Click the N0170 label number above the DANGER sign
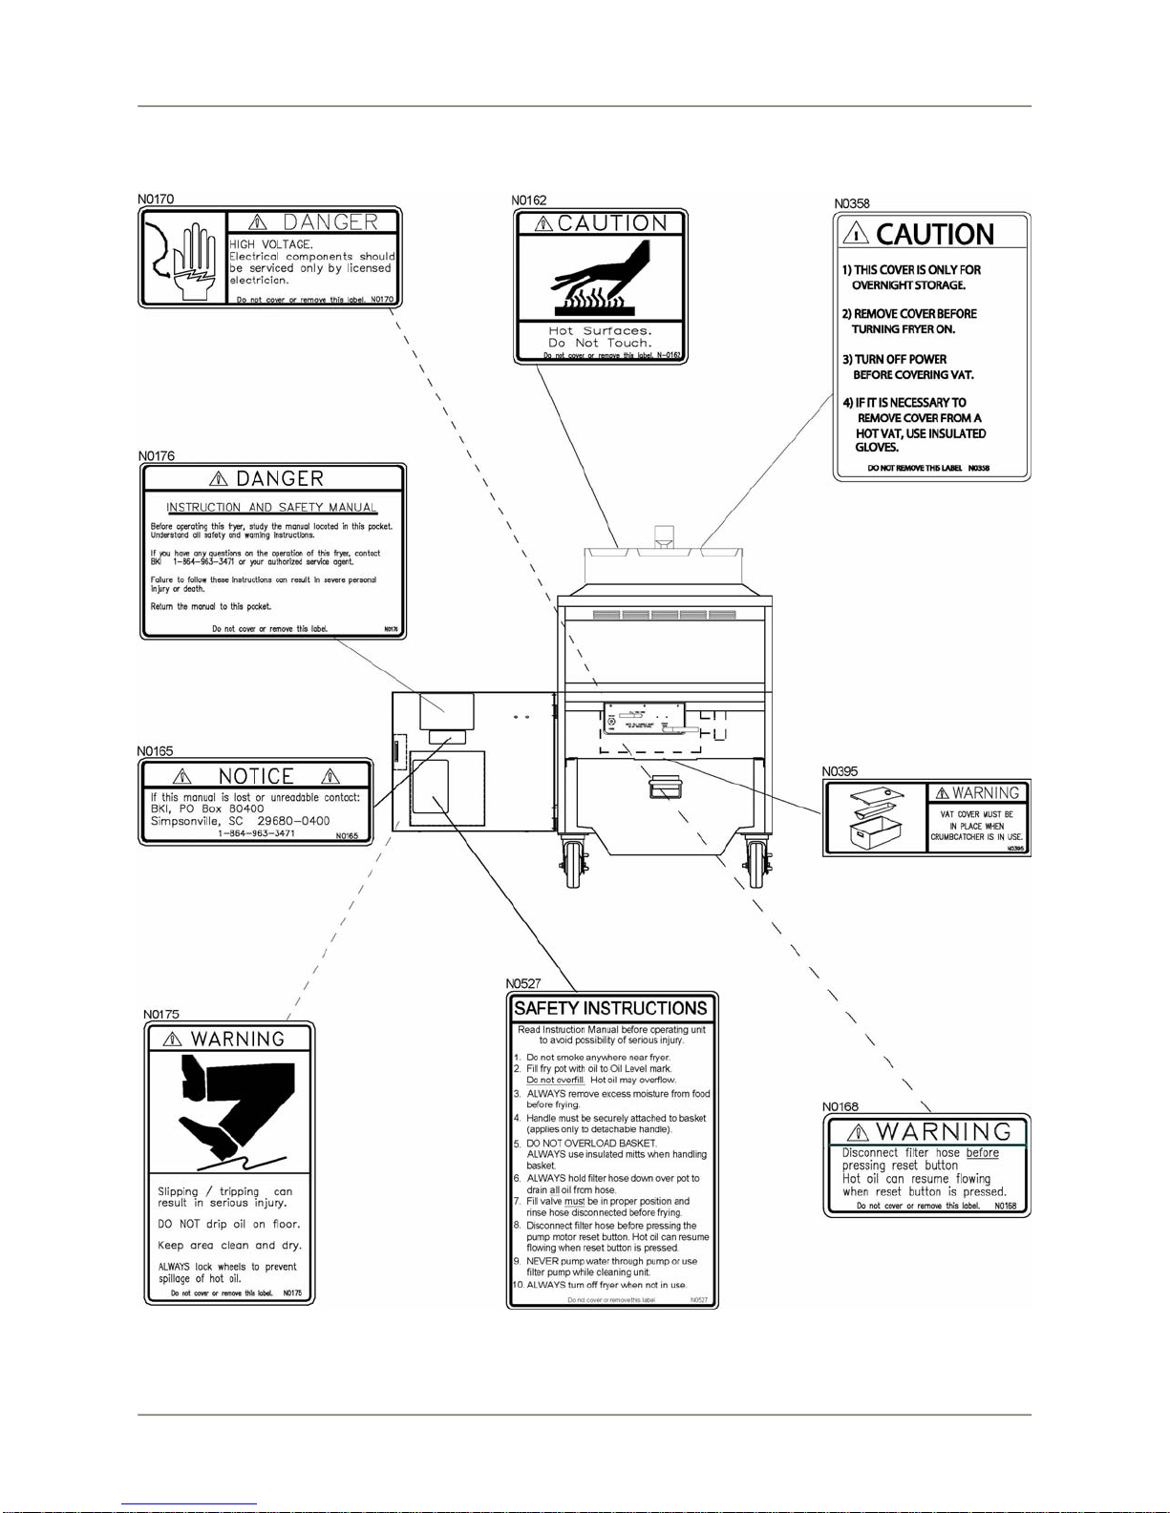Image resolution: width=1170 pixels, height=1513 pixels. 156,200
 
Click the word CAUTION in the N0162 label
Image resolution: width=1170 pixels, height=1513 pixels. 612,223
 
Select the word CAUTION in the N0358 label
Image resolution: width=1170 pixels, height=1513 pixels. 935,235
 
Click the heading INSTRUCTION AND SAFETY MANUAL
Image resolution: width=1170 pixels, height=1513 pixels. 272,507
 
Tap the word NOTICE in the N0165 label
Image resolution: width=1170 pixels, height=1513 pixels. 256,776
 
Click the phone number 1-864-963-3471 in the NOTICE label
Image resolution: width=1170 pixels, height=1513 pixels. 256,833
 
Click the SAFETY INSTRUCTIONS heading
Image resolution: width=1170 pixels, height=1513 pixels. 611,1008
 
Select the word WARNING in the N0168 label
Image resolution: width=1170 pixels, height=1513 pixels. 944,1131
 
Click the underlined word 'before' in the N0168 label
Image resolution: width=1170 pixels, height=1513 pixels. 982,1153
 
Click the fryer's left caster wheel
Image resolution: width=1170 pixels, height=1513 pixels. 573,863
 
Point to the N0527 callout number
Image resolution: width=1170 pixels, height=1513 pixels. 523,983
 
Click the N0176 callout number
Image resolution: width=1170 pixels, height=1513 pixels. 156,456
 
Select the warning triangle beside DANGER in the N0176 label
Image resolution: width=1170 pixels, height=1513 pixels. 219,478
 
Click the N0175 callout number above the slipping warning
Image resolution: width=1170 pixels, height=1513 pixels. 161,1015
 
